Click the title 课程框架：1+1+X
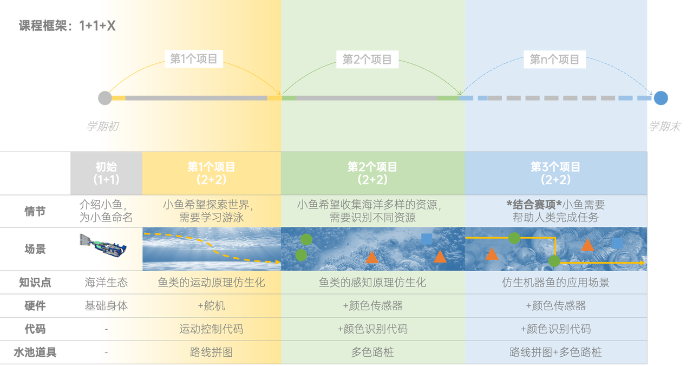(67, 25)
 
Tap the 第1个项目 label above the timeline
(194, 59)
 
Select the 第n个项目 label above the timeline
(554, 60)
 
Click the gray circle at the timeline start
(105, 98)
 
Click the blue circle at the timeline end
(661, 98)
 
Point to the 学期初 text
(102, 126)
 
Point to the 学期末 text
(664, 126)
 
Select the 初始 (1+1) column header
(107, 173)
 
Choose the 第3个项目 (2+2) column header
(555, 173)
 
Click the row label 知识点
(35, 283)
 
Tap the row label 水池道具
(35, 352)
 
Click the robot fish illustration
(103, 246)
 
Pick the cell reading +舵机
(212, 306)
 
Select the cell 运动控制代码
(211, 329)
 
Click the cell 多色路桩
(372, 352)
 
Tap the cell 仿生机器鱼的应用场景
(555, 283)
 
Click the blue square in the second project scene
(427, 239)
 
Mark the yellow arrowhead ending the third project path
(642, 263)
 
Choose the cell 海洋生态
(107, 283)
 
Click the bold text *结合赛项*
(534, 205)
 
